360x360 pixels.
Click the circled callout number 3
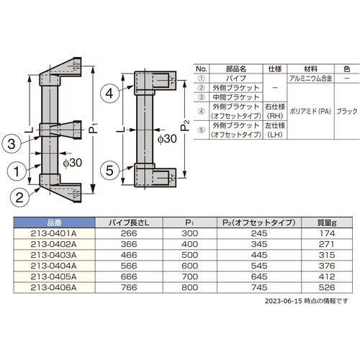point(12,144)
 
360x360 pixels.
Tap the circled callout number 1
point(17,171)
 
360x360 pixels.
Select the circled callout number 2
point(19,197)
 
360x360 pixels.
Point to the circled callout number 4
point(109,94)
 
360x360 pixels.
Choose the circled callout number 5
point(109,171)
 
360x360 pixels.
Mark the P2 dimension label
point(185,125)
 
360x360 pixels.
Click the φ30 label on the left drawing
point(73,163)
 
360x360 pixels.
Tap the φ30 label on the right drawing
point(167,139)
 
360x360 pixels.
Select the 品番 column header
point(54,222)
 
